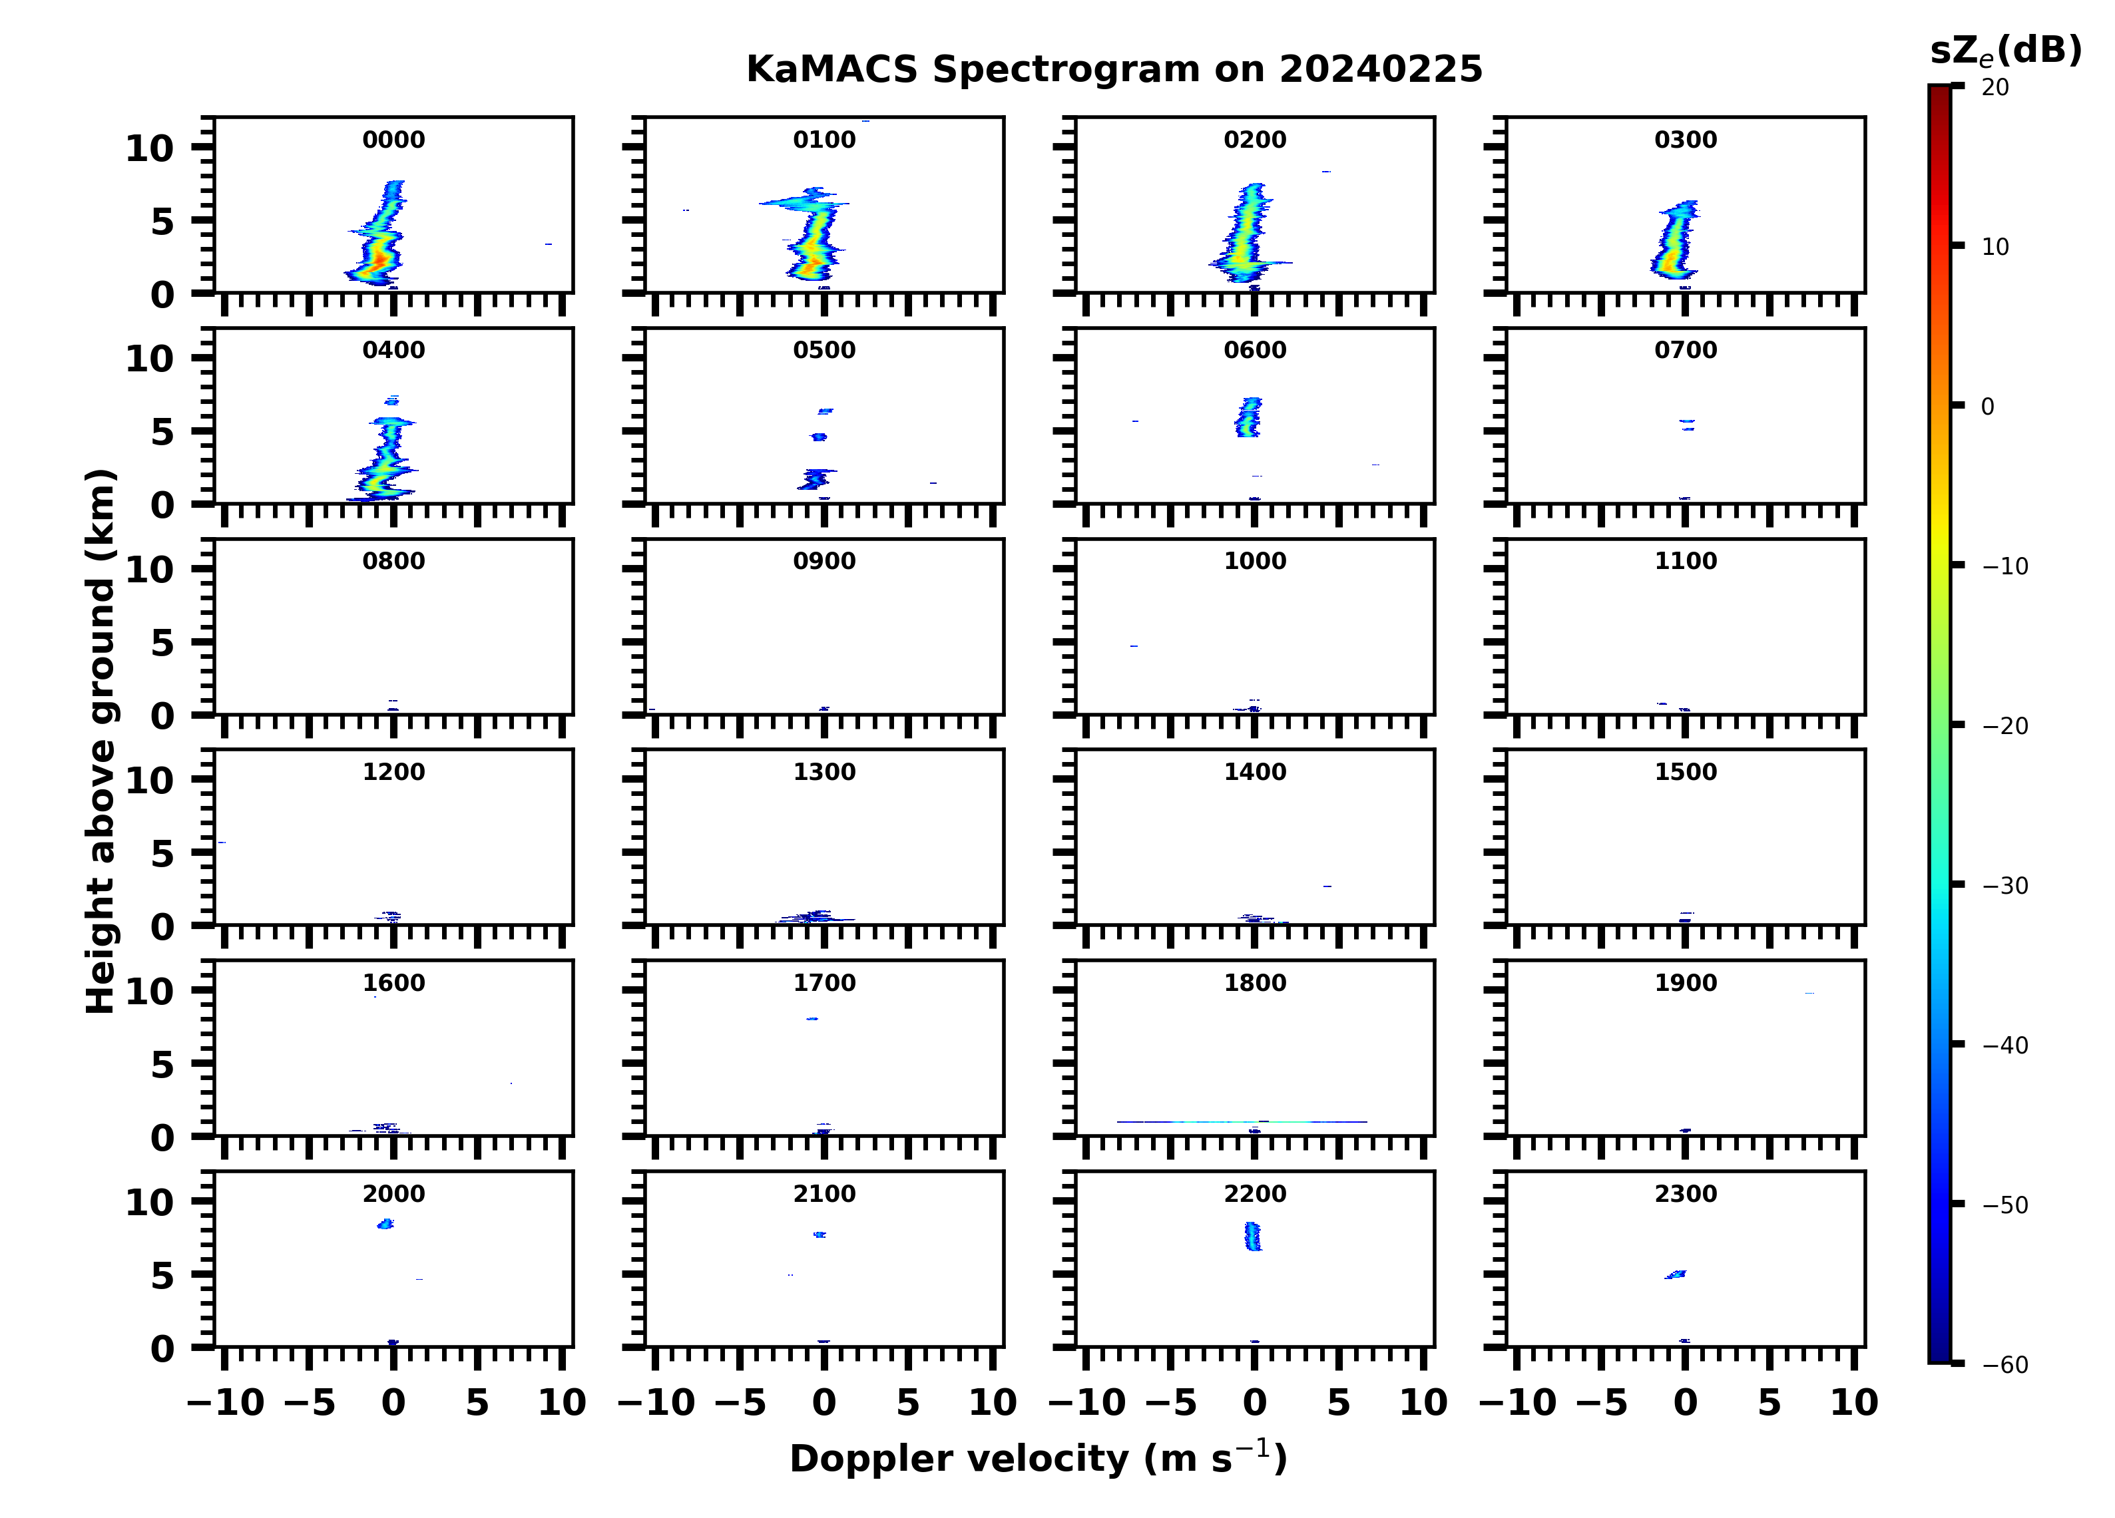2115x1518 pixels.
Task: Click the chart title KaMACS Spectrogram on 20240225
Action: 1114,70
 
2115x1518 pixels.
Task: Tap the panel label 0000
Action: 393,140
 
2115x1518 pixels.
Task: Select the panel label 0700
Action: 1685,351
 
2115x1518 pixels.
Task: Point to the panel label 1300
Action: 824,772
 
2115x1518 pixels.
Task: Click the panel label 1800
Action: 1254,983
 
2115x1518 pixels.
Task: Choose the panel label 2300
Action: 1685,1193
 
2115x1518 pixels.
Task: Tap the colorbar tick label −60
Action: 2005,1365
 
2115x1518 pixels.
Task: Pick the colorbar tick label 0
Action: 1987,407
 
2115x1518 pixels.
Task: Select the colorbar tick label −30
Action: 2005,886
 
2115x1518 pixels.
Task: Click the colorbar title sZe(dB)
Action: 2006,51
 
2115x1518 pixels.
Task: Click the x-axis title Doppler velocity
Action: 1038,1458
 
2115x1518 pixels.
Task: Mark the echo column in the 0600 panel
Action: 1248,417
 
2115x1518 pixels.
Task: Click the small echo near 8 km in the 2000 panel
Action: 385,1223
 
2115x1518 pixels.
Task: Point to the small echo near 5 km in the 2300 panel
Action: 1676,1274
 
